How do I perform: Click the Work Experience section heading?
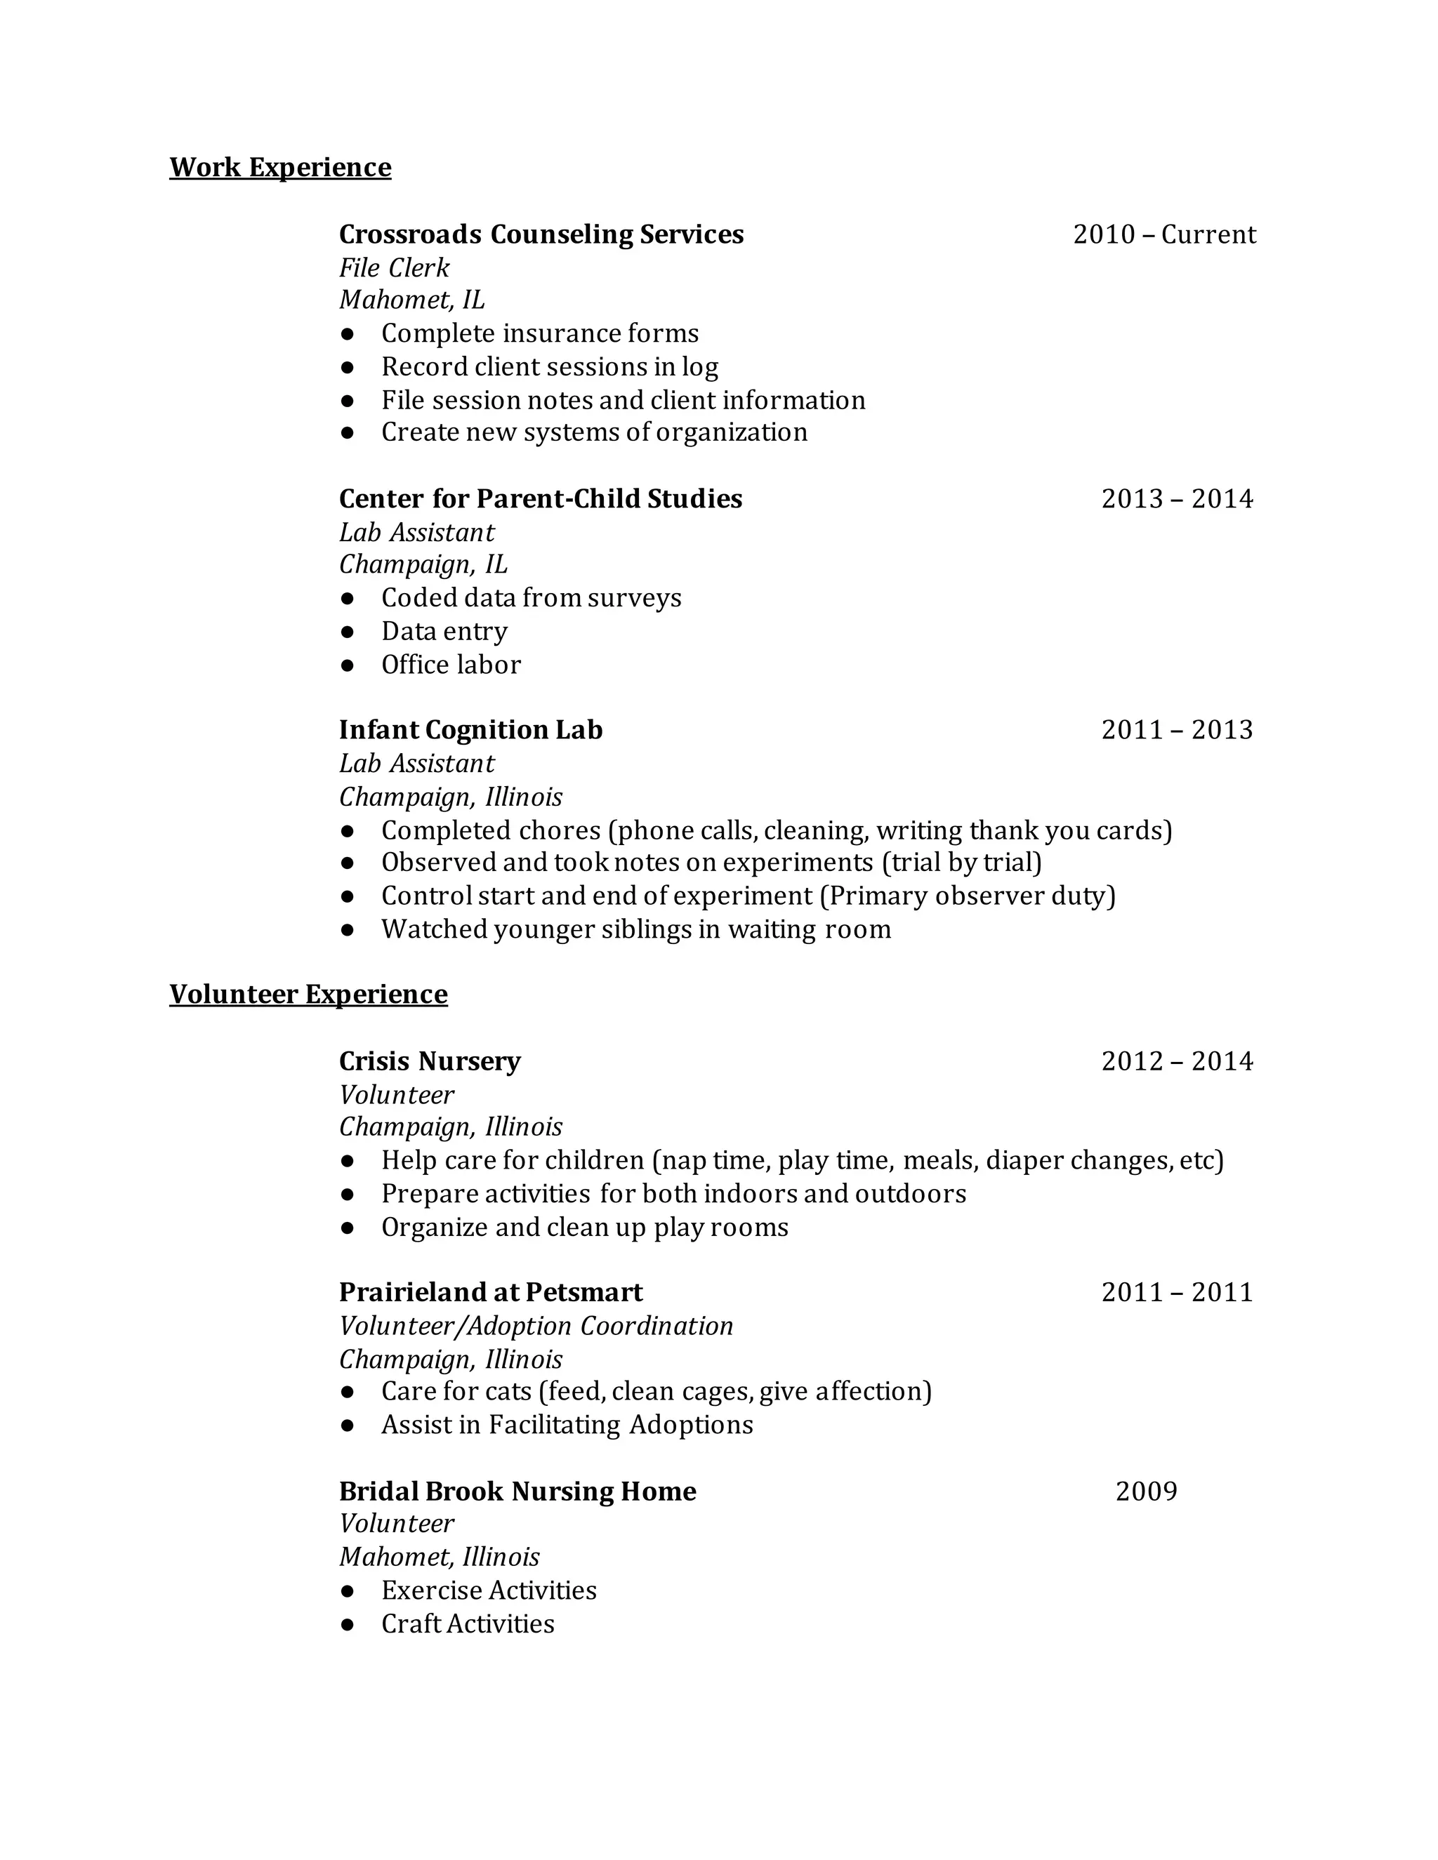point(280,168)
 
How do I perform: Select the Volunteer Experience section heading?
point(308,995)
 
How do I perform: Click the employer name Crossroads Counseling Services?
point(541,234)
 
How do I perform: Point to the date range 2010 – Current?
point(1163,234)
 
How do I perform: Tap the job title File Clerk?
point(394,268)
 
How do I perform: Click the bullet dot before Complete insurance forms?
point(347,334)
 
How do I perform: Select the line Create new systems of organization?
point(594,432)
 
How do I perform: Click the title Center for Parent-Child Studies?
point(540,499)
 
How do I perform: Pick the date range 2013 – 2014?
point(1177,499)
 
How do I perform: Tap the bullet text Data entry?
point(444,632)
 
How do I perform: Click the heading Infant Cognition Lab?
point(470,730)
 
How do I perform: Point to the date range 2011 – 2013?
point(1177,730)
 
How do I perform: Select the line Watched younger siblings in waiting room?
point(635,929)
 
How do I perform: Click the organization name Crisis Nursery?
point(429,1061)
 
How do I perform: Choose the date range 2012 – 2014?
point(1177,1061)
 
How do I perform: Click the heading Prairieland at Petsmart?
point(491,1293)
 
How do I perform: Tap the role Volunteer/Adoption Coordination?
point(536,1326)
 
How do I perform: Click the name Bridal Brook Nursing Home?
point(517,1492)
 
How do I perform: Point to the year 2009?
point(1146,1492)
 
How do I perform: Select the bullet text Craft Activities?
point(468,1624)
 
